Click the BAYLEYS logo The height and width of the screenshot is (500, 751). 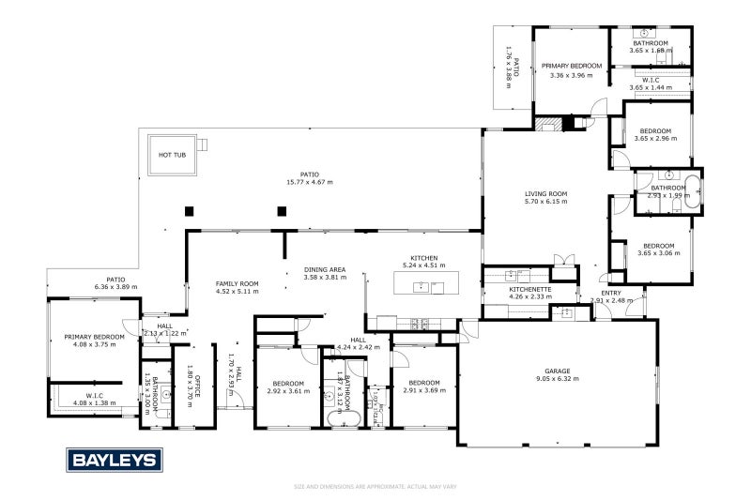pos(114,461)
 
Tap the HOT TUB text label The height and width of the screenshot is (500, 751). pos(170,155)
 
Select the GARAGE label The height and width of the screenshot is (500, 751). pos(558,371)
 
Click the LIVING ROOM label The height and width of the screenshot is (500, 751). pos(545,194)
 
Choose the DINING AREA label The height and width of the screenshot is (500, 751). pos(324,270)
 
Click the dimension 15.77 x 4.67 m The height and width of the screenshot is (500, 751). pos(310,182)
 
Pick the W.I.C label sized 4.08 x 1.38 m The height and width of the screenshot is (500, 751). pos(94,396)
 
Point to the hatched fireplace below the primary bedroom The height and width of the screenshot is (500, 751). pos(554,123)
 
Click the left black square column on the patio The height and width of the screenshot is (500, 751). pos(189,211)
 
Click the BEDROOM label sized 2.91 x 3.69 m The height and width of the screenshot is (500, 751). pos(424,383)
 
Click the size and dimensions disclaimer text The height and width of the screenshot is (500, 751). pos(375,487)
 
